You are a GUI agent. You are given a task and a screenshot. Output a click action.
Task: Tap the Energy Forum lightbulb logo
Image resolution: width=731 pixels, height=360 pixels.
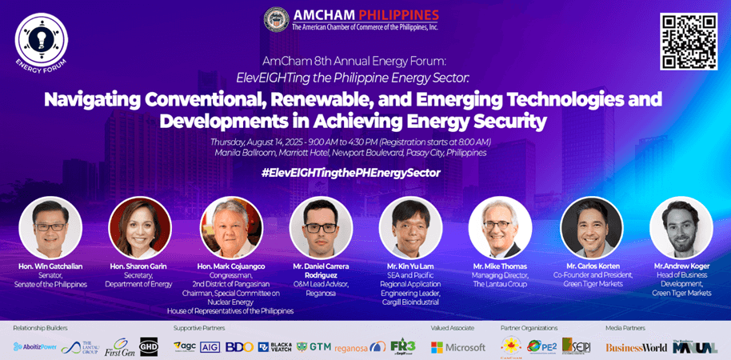coord(41,40)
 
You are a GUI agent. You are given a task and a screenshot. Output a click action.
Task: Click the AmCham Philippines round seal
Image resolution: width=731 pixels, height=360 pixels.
coord(276,19)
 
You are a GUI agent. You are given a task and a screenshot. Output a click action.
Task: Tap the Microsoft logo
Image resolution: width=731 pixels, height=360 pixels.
coord(458,347)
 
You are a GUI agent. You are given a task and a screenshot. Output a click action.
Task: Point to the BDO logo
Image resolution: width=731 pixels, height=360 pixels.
coord(239,347)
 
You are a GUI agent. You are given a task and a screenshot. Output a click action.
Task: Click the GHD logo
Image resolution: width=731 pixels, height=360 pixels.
coord(150,346)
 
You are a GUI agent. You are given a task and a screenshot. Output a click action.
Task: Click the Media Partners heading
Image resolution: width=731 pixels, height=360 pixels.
coord(625,328)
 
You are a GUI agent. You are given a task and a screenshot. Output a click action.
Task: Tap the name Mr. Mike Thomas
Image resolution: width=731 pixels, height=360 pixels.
coord(499,266)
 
